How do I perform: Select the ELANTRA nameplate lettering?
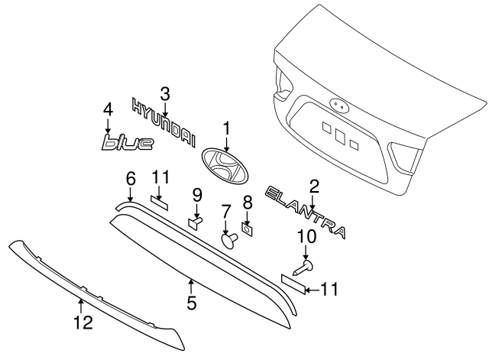pyautogui.click(x=306, y=212)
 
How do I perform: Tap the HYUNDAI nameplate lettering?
pyautogui.click(x=164, y=122)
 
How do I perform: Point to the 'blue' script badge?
pyautogui.click(x=127, y=142)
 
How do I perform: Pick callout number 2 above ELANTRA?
pyautogui.click(x=313, y=185)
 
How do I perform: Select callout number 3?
pyautogui.click(x=165, y=94)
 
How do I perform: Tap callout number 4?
pyautogui.click(x=108, y=109)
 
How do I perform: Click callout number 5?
pyautogui.click(x=192, y=303)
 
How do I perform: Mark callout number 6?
pyautogui.click(x=130, y=179)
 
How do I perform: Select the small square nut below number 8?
pyautogui.click(x=247, y=227)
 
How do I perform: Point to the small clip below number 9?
pyautogui.click(x=195, y=222)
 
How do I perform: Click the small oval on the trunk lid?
pyautogui.click(x=337, y=105)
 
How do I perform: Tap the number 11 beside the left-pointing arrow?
pyautogui.click(x=329, y=289)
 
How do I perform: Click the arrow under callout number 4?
pyautogui.click(x=108, y=125)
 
